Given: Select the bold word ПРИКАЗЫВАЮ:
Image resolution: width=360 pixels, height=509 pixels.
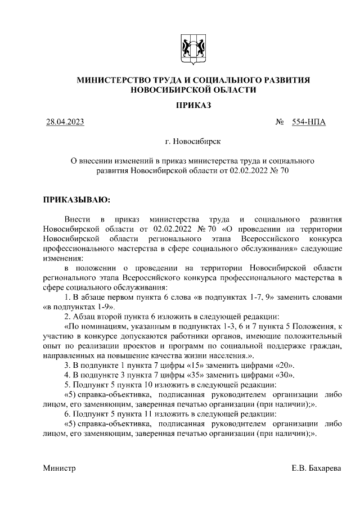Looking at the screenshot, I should coord(78,199).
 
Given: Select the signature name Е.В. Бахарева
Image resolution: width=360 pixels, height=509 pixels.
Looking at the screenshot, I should coord(316,469).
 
